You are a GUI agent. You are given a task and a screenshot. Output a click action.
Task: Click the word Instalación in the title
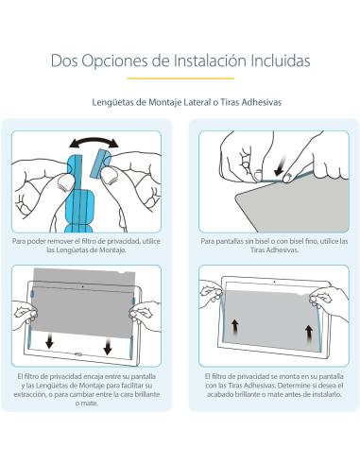218,61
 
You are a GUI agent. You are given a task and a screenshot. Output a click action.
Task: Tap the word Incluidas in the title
283,61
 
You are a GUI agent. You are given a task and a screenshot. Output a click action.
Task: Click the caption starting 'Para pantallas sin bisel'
269,244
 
